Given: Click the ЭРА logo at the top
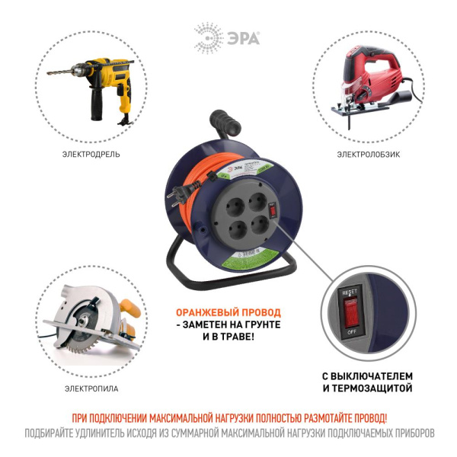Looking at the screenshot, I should tap(227, 36).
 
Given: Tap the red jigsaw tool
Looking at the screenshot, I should tap(373, 84).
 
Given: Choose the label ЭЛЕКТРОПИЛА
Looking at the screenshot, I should tap(91, 389).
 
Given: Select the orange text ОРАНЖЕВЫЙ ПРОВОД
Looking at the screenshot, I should tap(228, 312).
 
